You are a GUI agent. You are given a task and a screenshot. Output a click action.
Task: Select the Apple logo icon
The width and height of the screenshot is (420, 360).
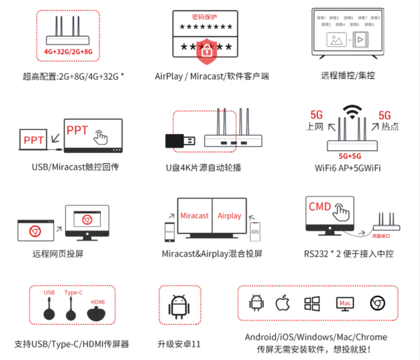tap(282, 303)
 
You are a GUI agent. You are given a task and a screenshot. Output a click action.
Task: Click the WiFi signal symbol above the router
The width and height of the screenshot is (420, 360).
tap(352, 113)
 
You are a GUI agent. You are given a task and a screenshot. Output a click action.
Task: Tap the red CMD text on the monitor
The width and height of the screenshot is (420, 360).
tap(320, 206)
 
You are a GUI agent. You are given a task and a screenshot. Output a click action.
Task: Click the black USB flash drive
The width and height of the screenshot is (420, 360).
tap(179, 141)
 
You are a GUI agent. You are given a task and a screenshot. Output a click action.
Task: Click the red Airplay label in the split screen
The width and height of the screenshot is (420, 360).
tap(229, 216)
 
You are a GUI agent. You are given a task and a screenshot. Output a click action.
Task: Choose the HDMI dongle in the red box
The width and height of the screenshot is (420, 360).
tap(98, 313)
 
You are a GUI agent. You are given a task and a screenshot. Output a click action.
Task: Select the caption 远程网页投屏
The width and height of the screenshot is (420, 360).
tap(58, 254)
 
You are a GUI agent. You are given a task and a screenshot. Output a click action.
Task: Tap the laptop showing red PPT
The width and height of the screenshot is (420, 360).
tap(33, 140)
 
